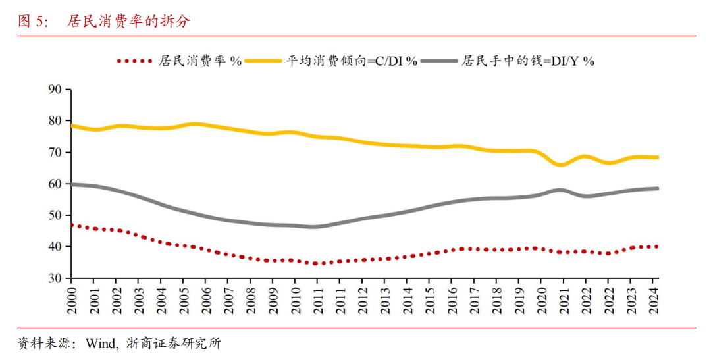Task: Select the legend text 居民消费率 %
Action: point(200,61)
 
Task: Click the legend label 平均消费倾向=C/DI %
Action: point(352,61)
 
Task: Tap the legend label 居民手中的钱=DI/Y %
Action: point(527,61)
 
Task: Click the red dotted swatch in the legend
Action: point(134,61)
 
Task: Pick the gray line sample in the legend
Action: point(439,61)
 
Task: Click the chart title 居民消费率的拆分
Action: point(128,22)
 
